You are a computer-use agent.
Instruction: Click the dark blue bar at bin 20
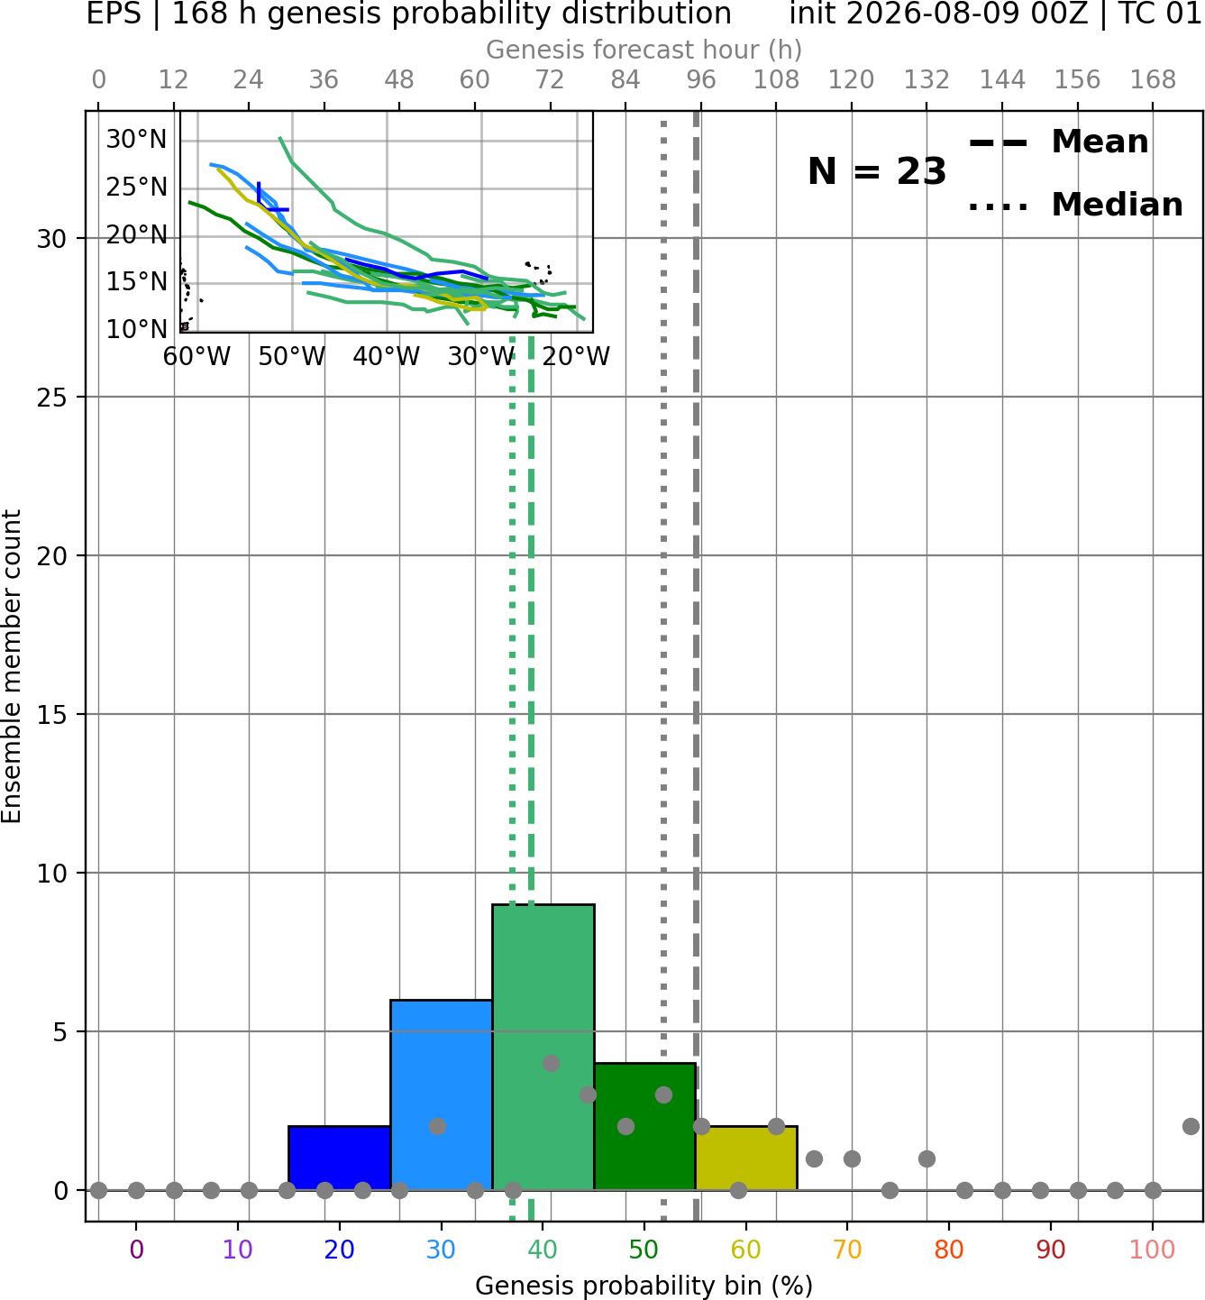(x=340, y=1158)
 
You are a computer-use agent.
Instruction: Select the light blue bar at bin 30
(x=441, y=1095)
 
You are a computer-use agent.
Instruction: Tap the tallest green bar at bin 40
(x=543, y=1048)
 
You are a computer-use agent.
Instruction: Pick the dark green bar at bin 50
(x=644, y=1127)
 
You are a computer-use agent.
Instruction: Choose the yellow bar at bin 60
(x=746, y=1158)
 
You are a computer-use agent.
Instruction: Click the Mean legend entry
(x=1058, y=142)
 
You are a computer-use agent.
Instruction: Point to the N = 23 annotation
(x=877, y=171)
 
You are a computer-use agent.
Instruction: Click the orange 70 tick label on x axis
(x=847, y=1250)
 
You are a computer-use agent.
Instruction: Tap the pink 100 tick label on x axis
(x=1153, y=1250)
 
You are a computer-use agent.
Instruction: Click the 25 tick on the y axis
(x=52, y=398)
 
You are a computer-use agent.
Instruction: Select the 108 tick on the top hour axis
(x=776, y=80)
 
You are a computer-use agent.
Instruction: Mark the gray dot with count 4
(x=551, y=1063)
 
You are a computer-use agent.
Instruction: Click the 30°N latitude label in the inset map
(x=136, y=140)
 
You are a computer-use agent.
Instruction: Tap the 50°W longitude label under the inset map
(x=292, y=357)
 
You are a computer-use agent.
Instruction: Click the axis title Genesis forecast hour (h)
(x=644, y=50)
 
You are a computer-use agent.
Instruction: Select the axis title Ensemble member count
(x=12, y=666)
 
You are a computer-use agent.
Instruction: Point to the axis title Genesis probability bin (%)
(x=644, y=1286)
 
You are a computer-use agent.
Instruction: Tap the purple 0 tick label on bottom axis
(x=136, y=1250)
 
